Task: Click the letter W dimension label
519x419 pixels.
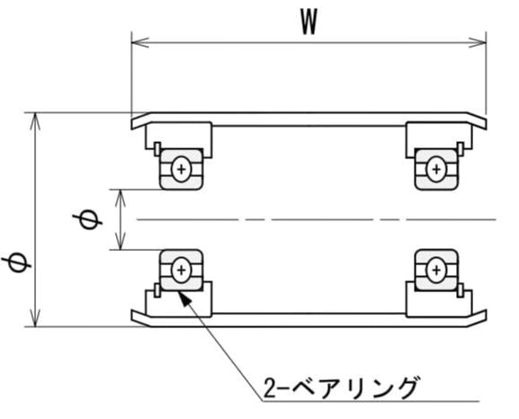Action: click(309, 22)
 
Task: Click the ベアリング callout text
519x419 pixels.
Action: click(353, 388)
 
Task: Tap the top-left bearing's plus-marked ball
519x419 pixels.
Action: click(181, 169)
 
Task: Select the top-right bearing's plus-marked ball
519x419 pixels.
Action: click(436, 169)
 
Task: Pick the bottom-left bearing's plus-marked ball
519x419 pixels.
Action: click(181, 271)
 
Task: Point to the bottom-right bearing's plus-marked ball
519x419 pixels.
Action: click(436, 271)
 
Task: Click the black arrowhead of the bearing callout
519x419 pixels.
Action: click(185, 299)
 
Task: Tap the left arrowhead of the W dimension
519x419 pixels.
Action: click(140, 42)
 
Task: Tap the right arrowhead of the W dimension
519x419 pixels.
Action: click(478, 42)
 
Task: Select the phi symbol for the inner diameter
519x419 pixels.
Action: click(87, 219)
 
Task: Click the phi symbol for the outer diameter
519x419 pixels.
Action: click(16, 263)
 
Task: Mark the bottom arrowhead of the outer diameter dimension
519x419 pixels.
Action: click(35, 318)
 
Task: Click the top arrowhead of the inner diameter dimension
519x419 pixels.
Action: click(121, 198)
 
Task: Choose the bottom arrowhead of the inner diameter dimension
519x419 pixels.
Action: click(121, 241)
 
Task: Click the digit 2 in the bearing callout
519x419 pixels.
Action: click(270, 388)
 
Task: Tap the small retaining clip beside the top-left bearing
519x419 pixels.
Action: click(157, 149)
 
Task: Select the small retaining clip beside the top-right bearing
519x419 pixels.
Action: click(460, 149)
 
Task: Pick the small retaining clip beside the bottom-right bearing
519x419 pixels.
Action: click(460, 290)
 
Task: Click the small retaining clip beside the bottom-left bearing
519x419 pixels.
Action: click(157, 290)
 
